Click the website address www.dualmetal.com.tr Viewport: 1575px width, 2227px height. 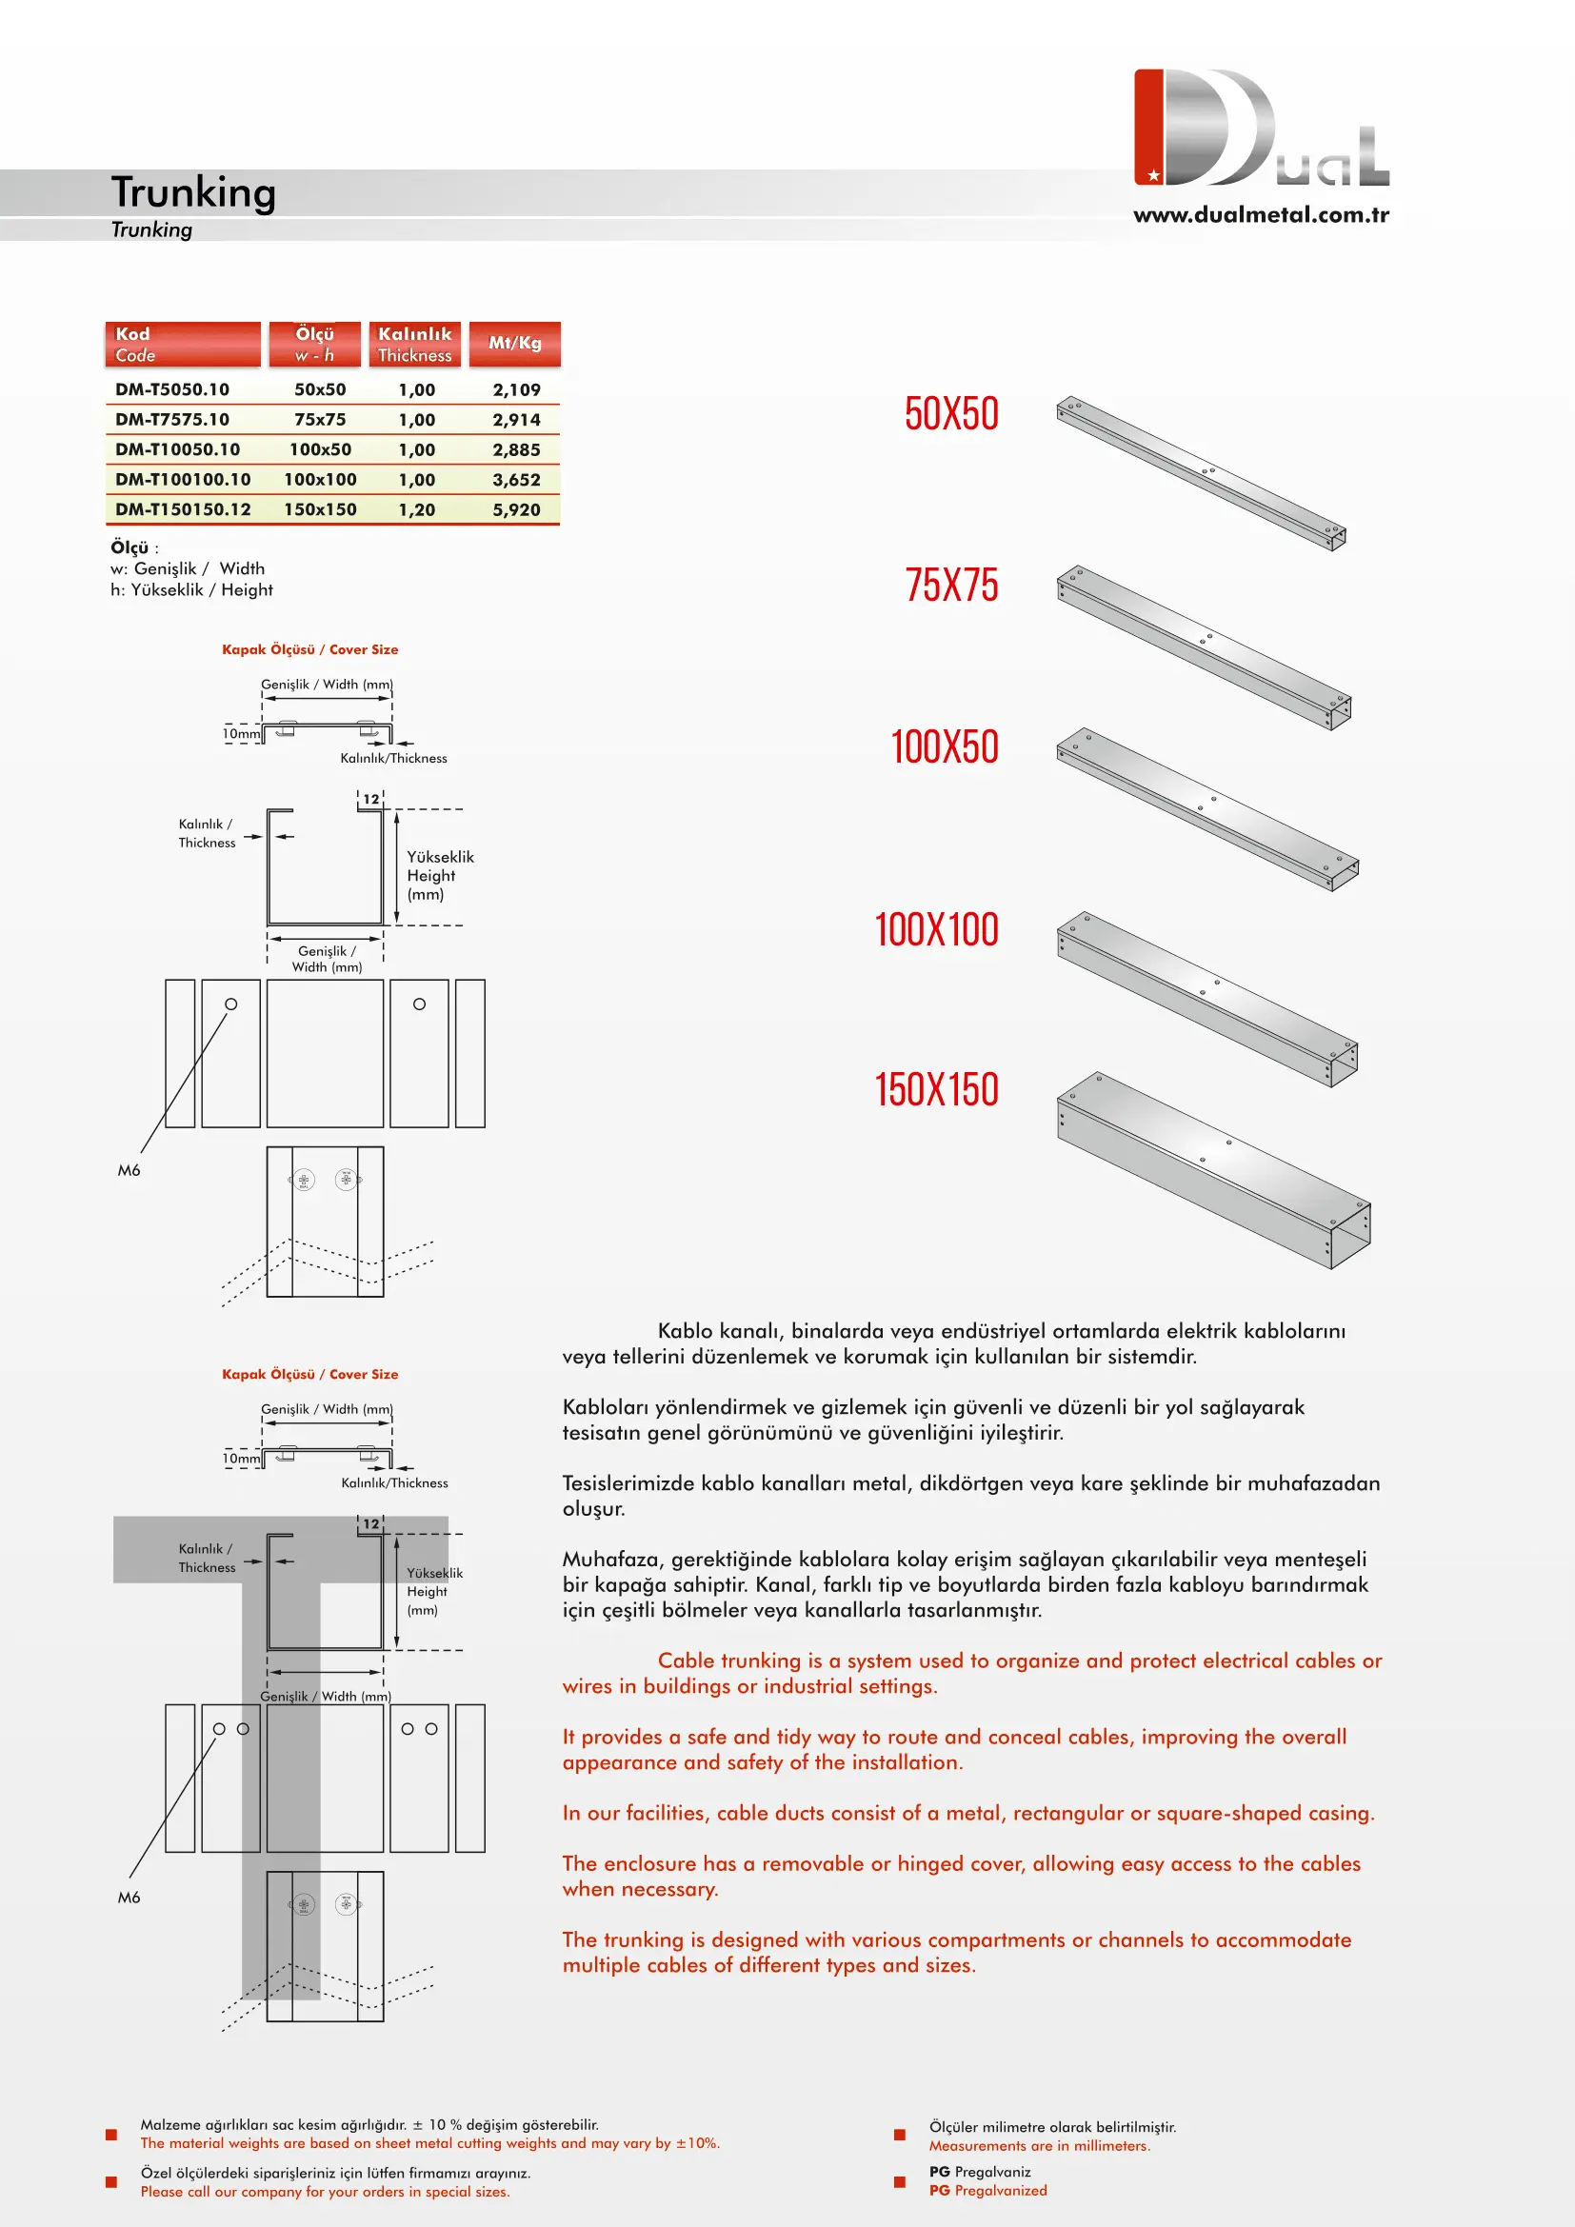(1261, 214)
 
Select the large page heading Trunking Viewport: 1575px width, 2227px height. (194, 192)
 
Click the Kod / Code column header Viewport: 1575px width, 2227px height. (182, 344)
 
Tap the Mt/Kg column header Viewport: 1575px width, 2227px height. (514, 343)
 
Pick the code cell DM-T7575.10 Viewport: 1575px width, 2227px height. (172, 419)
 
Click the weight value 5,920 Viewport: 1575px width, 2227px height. (516, 509)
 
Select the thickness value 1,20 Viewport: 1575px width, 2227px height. (416, 509)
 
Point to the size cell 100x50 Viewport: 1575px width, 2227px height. (320, 449)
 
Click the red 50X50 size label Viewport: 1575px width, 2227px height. (950, 414)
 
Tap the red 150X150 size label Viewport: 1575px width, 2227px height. (936, 1089)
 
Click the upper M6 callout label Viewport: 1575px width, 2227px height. (129, 1171)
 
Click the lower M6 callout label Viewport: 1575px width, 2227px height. (129, 1898)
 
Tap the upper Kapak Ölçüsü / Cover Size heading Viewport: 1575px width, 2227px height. (309, 650)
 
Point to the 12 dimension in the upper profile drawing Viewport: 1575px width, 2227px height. (370, 799)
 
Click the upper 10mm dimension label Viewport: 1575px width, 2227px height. (241, 733)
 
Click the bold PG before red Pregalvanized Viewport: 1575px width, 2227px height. (939, 2190)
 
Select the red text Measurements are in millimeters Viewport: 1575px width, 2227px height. (1039, 2145)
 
